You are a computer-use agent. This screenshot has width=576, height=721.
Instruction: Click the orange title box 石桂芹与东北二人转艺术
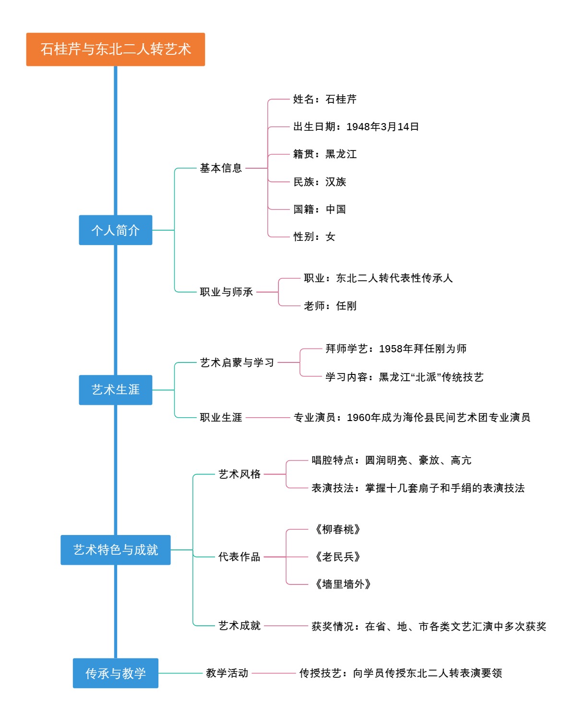pyautogui.click(x=115, y=50)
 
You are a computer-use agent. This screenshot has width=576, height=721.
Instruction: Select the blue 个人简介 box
pyautogui.click(x=115, y=230)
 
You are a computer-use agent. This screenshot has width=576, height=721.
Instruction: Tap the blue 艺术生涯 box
pyautogui.click(x=115, y=390)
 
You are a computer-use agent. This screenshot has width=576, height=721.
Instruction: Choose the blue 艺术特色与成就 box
pyautogui.click(x=115, y=550)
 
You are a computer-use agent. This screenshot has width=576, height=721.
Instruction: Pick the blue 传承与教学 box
pyautogui.click(x=115, y=673)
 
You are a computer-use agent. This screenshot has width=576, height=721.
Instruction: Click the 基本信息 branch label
pyautogui.click(x=221, y=168)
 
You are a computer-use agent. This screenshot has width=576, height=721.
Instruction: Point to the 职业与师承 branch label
pyautogui.click(x=226, y=292)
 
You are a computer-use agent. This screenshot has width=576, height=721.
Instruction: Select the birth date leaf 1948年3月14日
pyautogui.click(x=356, y=127)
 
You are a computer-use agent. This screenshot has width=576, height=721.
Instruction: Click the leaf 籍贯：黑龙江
pyautogui.click(x=325, y=154)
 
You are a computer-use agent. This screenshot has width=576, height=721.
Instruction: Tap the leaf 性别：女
pyautogui.click(x=314, y=236)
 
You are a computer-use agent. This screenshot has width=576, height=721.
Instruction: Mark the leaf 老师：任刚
pyautogui.click(x=330, y=306)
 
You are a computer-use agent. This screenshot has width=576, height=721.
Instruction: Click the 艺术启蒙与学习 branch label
pyautogui.click(x=237, y=362)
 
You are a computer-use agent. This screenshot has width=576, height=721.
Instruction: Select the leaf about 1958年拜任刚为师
pyautogui.click(x=396, y=349)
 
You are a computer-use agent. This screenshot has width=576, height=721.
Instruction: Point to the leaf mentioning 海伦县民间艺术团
pyautogui.click(x=412, y=417)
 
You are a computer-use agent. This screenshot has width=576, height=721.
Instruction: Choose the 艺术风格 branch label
pyautogui.click(x=240, y=474)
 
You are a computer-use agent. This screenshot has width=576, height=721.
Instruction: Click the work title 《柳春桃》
pyautogui.click(x=338, y=529)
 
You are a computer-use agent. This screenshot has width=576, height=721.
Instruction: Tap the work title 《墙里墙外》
pyautogui.click(x=343, y=584)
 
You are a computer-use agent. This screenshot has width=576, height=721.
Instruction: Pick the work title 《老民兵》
pyautogui.click(x=338, y=557)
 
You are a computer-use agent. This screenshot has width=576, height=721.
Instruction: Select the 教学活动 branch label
pyautogui.click(x=227, y=673)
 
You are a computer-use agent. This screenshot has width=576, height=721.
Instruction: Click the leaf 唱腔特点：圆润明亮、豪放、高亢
pyautogui.click(x=391, y=460)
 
